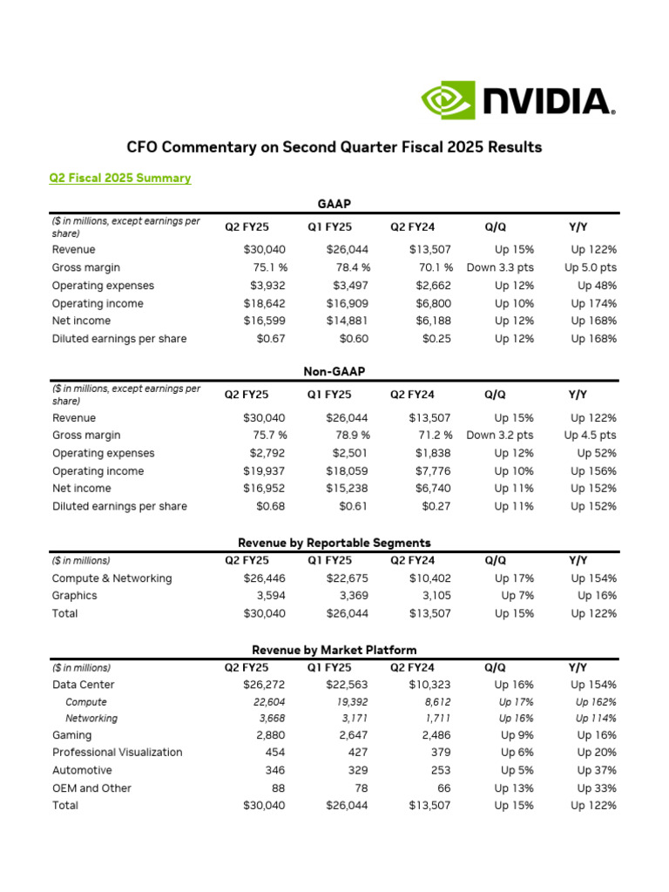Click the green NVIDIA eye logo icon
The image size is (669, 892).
coord(449,100)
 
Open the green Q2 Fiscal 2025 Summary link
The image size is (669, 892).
coord(120,178)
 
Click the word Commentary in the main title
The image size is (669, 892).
coord(211,147)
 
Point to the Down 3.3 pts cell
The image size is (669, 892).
coord(500,267)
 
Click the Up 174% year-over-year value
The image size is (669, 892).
coord(593,303)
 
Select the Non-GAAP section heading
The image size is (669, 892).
coord(334,371)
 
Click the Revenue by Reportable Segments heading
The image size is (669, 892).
coord(334,543)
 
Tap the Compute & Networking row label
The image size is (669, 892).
coord(112,578)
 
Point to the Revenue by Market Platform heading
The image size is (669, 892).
coord(334,650)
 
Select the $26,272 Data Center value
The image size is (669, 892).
coord(264,685)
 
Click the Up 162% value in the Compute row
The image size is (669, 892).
coord(596,702)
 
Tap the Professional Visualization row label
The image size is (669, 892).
coord(118,752)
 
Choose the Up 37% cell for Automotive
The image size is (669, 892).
coord(597,770)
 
